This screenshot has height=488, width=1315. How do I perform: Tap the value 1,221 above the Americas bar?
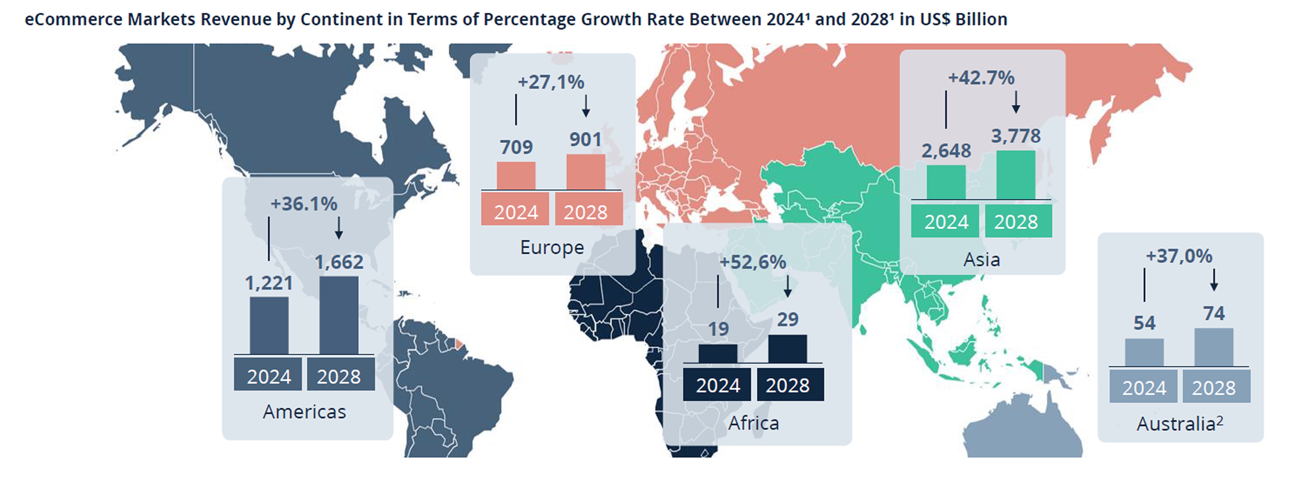[x=269, y=283]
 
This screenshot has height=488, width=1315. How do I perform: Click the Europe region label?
[x=552, y=247]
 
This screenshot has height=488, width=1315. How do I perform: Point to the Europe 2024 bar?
[x=516, y=176]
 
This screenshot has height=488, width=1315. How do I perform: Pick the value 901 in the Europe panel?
[x=585, y=139]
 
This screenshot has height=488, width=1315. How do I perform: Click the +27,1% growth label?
[x=551, y=82]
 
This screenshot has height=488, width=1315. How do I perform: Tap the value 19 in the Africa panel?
[x=718, y=329]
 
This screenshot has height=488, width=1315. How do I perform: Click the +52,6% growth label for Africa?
[x=753, y=262]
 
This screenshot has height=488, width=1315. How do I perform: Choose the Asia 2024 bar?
[x=946, y=182]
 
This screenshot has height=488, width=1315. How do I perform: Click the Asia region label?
[x=981, y=260]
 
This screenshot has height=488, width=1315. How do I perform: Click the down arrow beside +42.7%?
[x=1016, y=102]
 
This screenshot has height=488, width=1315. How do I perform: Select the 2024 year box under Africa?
[x=718, y=385]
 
